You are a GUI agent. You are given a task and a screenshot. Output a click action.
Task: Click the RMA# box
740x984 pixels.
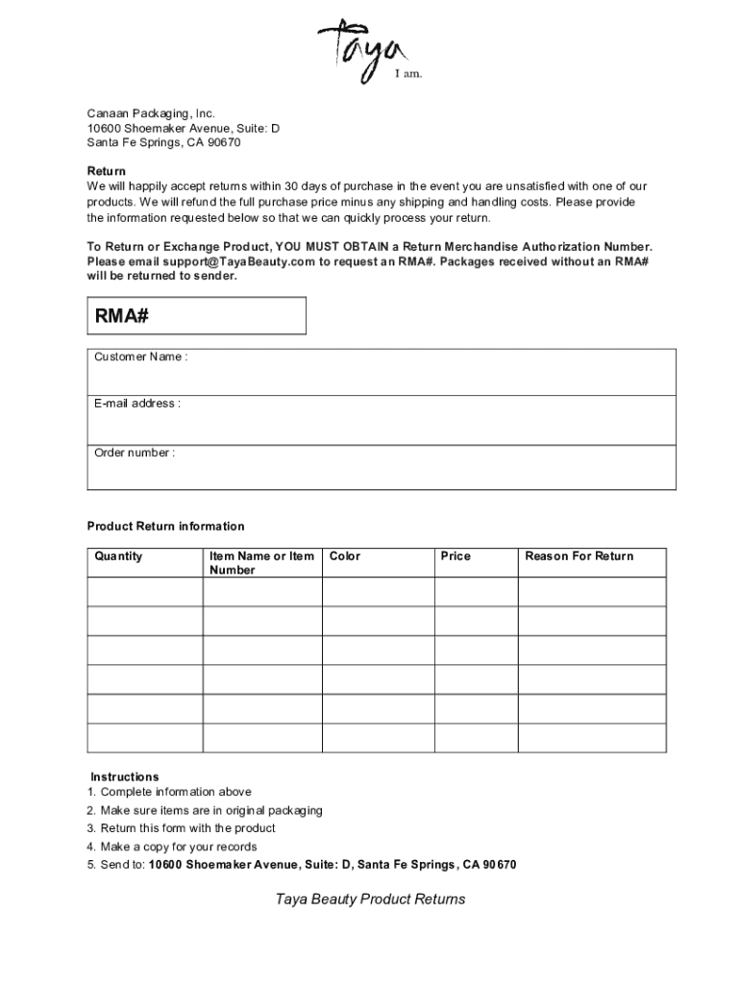point(197,315)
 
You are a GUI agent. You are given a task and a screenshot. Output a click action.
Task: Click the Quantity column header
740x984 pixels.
point(118,556)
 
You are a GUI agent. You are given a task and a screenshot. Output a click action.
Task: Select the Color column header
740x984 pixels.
point(345,556)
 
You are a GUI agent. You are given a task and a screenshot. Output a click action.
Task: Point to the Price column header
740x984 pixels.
point(456,556)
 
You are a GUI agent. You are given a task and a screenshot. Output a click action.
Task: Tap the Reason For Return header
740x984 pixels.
point(580,556)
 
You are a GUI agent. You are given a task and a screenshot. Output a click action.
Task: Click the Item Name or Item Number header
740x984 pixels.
point(261,563)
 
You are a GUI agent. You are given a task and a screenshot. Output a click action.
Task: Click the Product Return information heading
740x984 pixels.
point(166,527)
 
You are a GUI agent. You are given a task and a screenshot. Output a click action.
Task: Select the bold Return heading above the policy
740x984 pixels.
point(107,171)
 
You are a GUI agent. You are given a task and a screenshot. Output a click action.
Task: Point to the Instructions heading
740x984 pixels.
point(125,776)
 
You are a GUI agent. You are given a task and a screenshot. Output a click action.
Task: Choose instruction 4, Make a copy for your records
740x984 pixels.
point(172,847)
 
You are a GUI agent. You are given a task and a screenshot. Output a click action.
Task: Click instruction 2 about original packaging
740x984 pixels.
point(205,810)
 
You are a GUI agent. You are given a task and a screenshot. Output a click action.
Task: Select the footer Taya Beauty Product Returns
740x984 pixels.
point(370,899)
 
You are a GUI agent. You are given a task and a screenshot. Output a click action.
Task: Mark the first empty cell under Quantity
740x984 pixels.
point(144,592)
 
